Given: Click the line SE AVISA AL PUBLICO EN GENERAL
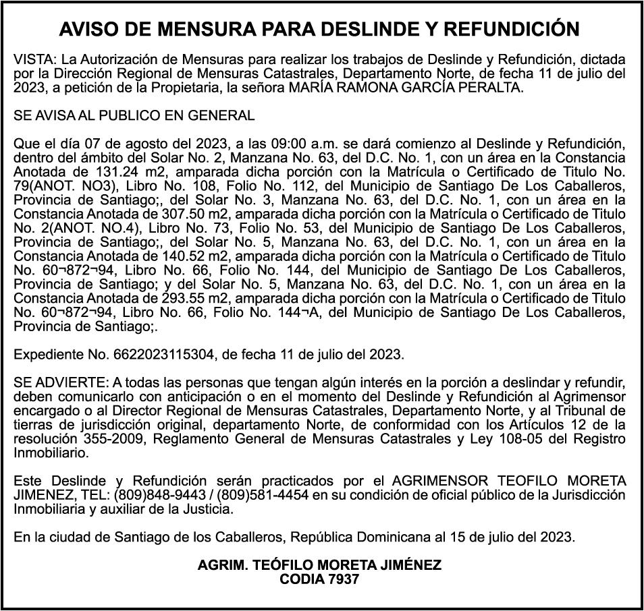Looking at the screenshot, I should pyautogui.click(x=134, y=115).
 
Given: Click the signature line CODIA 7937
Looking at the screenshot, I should pyautogui.click(x=319, y=579).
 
